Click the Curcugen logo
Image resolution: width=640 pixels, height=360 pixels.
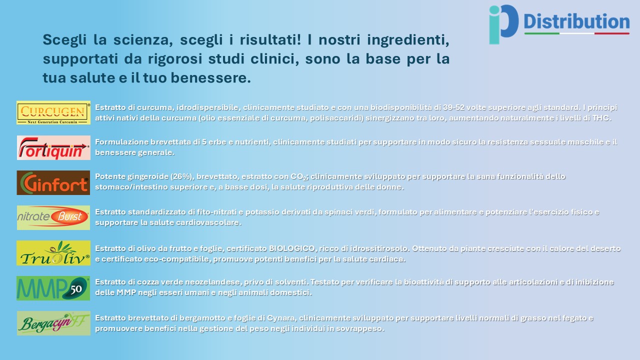[x=53, y=112]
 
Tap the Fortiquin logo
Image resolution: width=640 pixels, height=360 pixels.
[x=53, y=147]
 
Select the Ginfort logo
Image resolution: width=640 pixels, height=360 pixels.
[x=53, y=183]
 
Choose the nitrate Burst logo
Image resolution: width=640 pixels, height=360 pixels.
[x=53, y=217]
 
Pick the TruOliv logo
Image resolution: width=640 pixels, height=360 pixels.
[x=53, y=253]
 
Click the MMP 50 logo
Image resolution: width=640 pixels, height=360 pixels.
[x=53, y=288]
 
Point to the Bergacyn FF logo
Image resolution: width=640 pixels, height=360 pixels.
[x=53, y=323]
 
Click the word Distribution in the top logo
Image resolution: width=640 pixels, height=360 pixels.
[x=576, y=21]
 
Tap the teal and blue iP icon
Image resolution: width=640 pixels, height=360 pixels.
[x=503, y=24]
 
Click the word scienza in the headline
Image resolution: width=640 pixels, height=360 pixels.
[x=143, y=39]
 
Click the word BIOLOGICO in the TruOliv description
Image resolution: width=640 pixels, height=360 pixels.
[x=291, y=248]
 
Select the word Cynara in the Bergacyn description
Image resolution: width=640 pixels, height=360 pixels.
[x=281, y=318]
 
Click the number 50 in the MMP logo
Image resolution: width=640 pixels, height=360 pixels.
[x=76, y=289]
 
